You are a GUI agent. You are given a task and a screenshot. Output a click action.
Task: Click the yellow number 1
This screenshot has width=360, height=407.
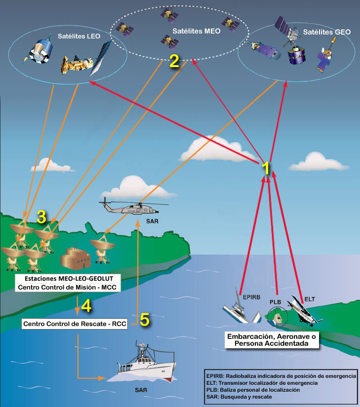(x=266, y=168)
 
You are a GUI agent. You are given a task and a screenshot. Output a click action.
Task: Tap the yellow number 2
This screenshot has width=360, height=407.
(x=173, y=61)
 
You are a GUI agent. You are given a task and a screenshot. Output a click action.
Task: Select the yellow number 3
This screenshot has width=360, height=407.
(x=41, y=216)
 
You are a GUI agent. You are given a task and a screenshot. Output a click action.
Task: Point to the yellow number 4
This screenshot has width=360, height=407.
(x=86, y=306)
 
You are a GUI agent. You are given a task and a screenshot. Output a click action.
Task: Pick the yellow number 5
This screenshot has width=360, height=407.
(x=144, y=320)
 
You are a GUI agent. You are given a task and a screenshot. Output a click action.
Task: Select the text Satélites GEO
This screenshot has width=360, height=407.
(x=326, y=32)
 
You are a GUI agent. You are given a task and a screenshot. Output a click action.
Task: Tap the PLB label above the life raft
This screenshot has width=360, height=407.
(x=275, y=301)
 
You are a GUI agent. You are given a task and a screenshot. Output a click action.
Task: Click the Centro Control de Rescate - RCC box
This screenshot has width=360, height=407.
(x=79, y=324)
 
